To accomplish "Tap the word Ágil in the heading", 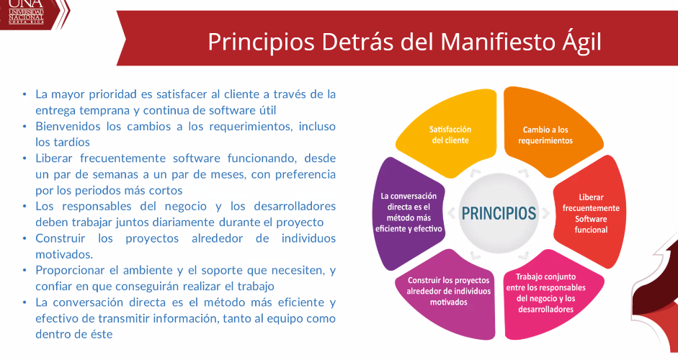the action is [x=582, y=42].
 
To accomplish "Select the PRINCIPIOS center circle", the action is [x=499, y=213].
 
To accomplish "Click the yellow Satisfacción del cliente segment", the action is [x=450, y=133].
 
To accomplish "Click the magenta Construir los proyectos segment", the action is [x=448, y=293].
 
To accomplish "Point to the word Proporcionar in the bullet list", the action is [x=70, y=271].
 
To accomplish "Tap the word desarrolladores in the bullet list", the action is [x=295, y=206].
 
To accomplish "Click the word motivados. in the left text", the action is [x=64, y=254].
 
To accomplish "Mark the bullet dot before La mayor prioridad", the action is [x=24, y=94].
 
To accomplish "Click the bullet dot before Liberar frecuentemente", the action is [x=24, y=158].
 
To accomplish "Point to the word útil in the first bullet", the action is [x=267, y=110].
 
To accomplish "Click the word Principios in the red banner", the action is [x=261, y=42].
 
